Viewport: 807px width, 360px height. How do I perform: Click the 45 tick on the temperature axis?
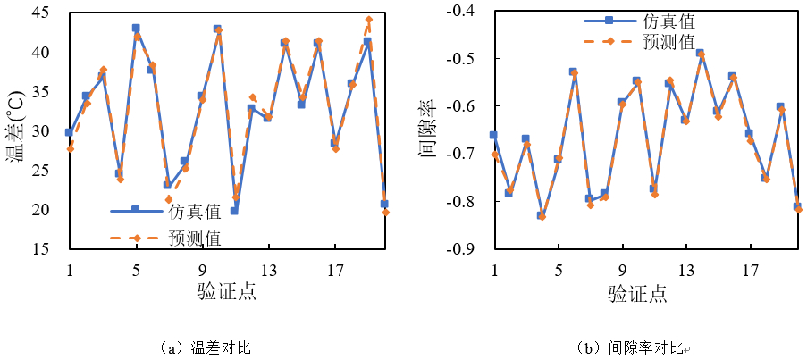tap(43, 13)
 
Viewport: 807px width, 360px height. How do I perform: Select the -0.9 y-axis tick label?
tap(464, 249)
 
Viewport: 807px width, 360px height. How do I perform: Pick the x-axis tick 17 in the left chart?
tap(336, 270)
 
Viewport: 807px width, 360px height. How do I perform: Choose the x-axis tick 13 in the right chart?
tap(686, 270)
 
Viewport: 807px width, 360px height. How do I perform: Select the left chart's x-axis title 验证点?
tap(227, 291)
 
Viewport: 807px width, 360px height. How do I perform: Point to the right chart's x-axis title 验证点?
tap(637, 291)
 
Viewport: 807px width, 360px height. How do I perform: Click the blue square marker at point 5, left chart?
tap(136, 29)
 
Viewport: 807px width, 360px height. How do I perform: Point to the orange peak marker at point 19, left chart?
tap(368, 19)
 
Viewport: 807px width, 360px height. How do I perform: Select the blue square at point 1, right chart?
tap(493, 135)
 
